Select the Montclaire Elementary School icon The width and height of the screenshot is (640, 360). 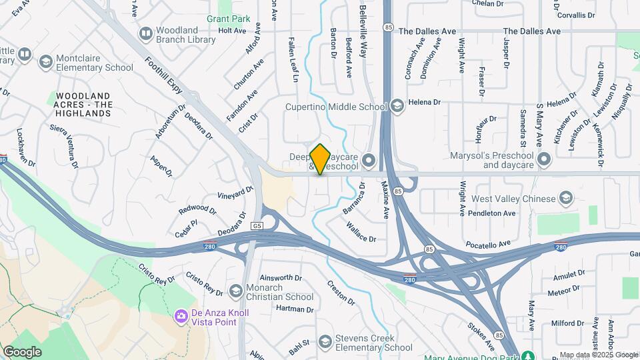(x=45, y=63)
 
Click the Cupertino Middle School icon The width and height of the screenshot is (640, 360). (x=397, y=107)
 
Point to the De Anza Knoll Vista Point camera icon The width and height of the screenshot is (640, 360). (x=180, y=315)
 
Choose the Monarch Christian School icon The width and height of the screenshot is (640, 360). (x=235, y=291)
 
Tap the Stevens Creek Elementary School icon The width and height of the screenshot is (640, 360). (x=325, y=343)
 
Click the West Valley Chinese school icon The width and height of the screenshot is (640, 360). (x=566, y=199)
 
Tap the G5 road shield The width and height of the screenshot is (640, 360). (x=257, y=226)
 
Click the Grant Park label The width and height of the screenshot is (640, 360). (x=228, y=19)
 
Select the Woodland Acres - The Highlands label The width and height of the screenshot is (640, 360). (x=83, y=105)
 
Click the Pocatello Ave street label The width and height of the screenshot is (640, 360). (x=491, y=245)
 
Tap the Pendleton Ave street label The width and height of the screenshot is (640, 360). (x=491, y=213)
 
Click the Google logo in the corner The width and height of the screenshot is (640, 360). (x=22, y=351)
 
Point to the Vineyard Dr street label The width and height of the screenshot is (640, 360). (x=236, y=192)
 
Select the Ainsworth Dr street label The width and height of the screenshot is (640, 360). (x=281, y=277)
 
